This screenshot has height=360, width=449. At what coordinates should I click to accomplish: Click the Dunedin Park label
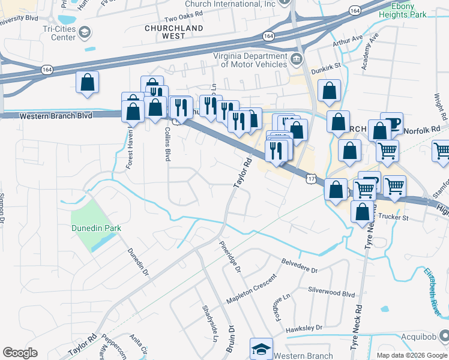coord(97,228)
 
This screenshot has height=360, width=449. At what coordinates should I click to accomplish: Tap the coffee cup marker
coord(392,123)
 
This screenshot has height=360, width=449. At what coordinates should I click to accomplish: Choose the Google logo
coord(20,353)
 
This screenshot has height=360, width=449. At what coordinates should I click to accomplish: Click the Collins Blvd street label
coord(167,143)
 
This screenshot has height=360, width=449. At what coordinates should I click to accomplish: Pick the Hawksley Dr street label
coord(304,328)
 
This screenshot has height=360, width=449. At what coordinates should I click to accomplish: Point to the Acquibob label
coord(423,337)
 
